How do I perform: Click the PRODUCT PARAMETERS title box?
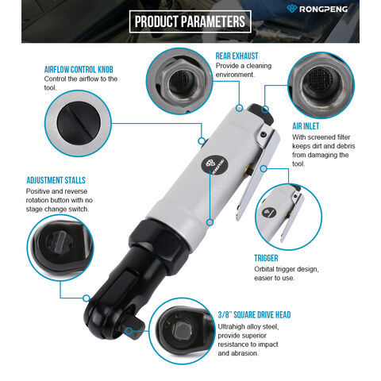coord(190,21)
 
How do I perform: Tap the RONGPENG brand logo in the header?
coord(317,9)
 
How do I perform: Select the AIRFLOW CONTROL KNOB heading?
coord(79,70)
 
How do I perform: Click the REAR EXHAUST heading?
coord(237,56)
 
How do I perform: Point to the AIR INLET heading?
coord(306,126)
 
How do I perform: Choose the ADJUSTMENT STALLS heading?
coord(56,180)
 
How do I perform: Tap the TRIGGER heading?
coord(266,258)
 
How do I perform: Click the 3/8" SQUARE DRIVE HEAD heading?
coord(254,315)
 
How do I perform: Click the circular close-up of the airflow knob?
coord(78,123)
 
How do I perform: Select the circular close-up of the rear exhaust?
coord(179,81)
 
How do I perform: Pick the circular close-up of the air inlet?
coord(321,85)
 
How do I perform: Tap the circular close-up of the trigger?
coord(288,217)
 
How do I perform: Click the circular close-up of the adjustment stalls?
coord(60,248)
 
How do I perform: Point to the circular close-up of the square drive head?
coord(182,331)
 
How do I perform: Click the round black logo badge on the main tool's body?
coord(214,165)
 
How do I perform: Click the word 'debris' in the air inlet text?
coord(344,146)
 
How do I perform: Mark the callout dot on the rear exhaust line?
coord(239,108)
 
